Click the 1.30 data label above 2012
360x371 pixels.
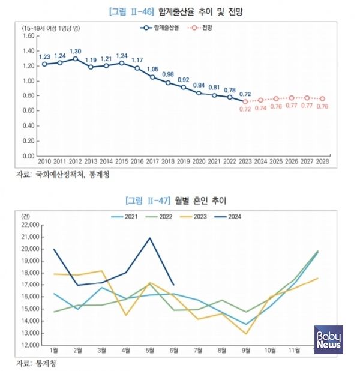pos(76,51)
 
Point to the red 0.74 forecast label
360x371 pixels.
pos(261,109)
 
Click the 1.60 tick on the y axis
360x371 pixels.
pos(28,35)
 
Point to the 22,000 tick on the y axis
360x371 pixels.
pos(29,225)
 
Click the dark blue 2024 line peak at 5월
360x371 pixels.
pos(149,238)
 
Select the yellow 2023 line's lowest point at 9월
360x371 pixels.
pos(246,334)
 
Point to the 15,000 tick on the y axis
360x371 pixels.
pos(29,309)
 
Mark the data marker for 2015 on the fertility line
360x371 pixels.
pos(122,63)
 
